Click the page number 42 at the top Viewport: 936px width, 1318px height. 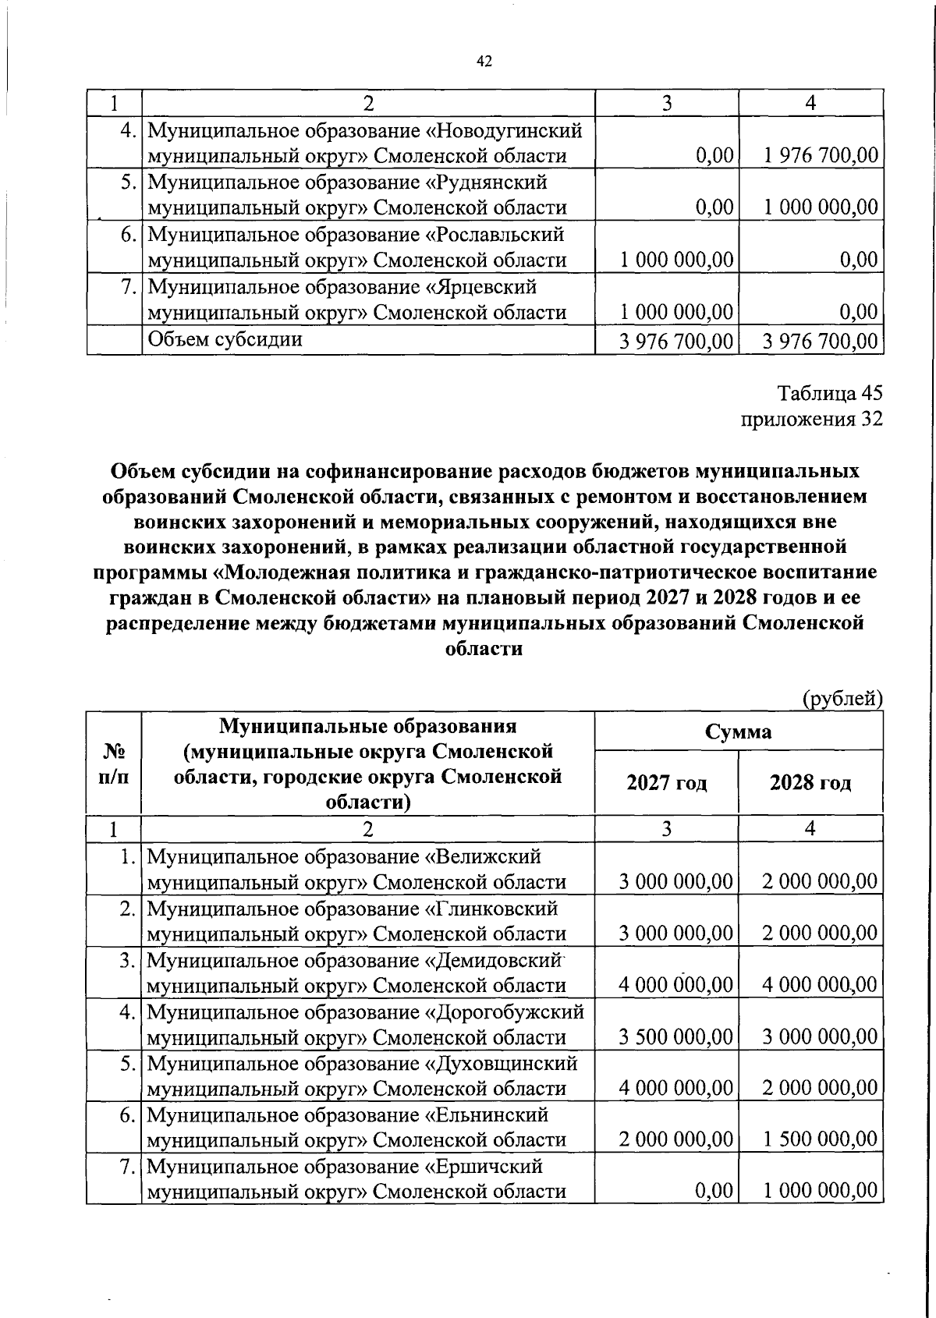point(484,62)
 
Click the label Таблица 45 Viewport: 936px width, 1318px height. point(831,393)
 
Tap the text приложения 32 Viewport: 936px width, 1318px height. point(811,420)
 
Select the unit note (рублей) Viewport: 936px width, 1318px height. point(842,699)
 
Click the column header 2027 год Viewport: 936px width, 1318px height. point(666,783)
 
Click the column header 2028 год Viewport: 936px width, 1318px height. point(810,783)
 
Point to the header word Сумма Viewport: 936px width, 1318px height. point(738,732)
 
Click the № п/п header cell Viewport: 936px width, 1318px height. point(114,764)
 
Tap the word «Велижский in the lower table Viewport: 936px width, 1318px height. point(482,856)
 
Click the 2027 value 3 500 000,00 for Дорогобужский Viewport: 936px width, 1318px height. point(675,1036)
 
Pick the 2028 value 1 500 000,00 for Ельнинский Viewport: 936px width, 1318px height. point(821,1139)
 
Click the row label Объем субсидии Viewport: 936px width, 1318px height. point(225,339)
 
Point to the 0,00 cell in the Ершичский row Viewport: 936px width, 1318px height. point(716,1191)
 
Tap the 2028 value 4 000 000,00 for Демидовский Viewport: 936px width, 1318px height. point(821,985)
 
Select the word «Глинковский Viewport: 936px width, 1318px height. point(491,909)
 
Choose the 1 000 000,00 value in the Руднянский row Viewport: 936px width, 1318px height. point(821,207)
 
